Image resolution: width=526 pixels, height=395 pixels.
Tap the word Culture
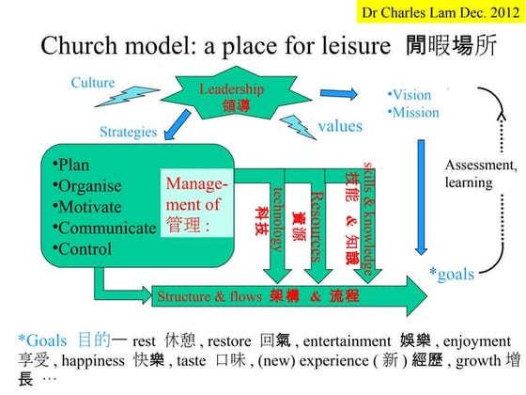pyautogui.click(x=92, y=83)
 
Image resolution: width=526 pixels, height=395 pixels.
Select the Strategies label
pyautogui.click(x=128, y=132)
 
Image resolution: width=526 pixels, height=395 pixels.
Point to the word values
pyautogui.click(x=339, y=125)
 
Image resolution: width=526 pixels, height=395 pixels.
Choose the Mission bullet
pyautogui.click(x=415, y=112)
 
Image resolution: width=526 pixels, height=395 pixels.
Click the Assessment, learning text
pyautogui.click(x=480, y=174)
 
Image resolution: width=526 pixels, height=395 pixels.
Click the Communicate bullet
pyautogui.click(x=103, y=228)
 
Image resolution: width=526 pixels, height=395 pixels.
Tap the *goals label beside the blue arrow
pyautogui.click(x=451, y=274)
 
